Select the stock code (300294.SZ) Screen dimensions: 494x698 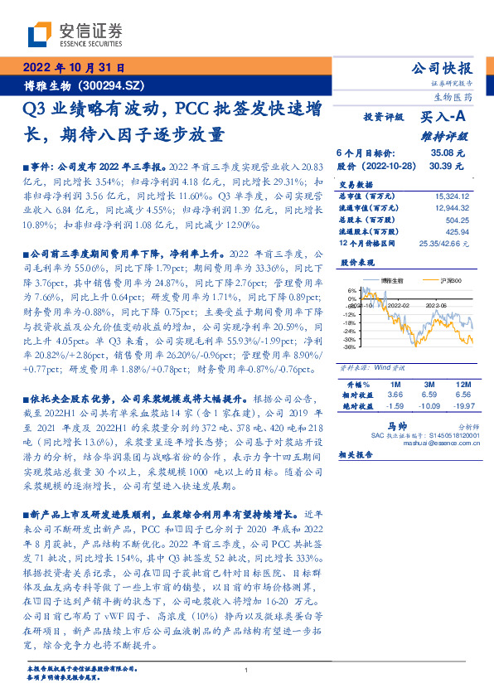(117, 85)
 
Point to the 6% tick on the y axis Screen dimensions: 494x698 (351, 290)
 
